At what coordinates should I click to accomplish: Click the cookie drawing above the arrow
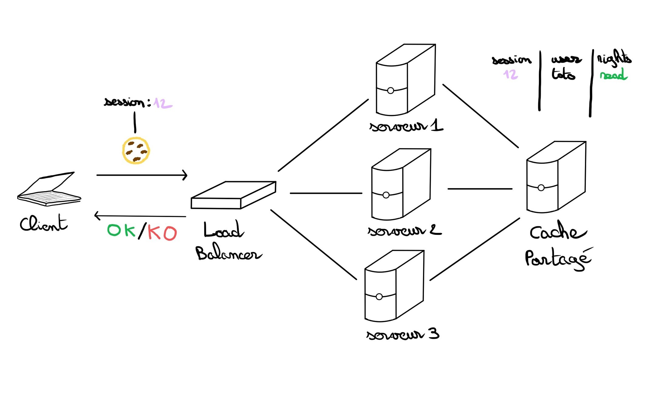pyautogui.click(x=136, y=151)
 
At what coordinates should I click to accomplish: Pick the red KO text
pyautogui.click(x=162, y=233)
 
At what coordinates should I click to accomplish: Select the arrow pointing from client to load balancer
pyautogui.click(x=142, y=175)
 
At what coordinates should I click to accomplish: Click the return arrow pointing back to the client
pyautogui.click(x=140, y=216)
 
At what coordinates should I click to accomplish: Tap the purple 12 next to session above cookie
pyautogui.click(x=163, y=103)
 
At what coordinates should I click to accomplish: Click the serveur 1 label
pyautogui.click(x=406, y=125)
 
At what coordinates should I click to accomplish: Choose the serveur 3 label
pyautogui.click(x=403, y=334)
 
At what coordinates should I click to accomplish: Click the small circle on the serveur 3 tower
pyautogui.click(x=379, y=297)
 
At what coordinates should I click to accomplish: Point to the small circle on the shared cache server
pyautogui.click(x=541, y=188)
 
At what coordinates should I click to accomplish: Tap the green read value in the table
pyautogui.click(x=613, y=75)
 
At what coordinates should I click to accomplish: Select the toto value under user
pyautogui.click(x=563, y=74)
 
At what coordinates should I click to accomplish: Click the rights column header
pyautogui.click(x=614, y=58)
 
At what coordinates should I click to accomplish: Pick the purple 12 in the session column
pyautogui.click(x=511, y=74)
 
